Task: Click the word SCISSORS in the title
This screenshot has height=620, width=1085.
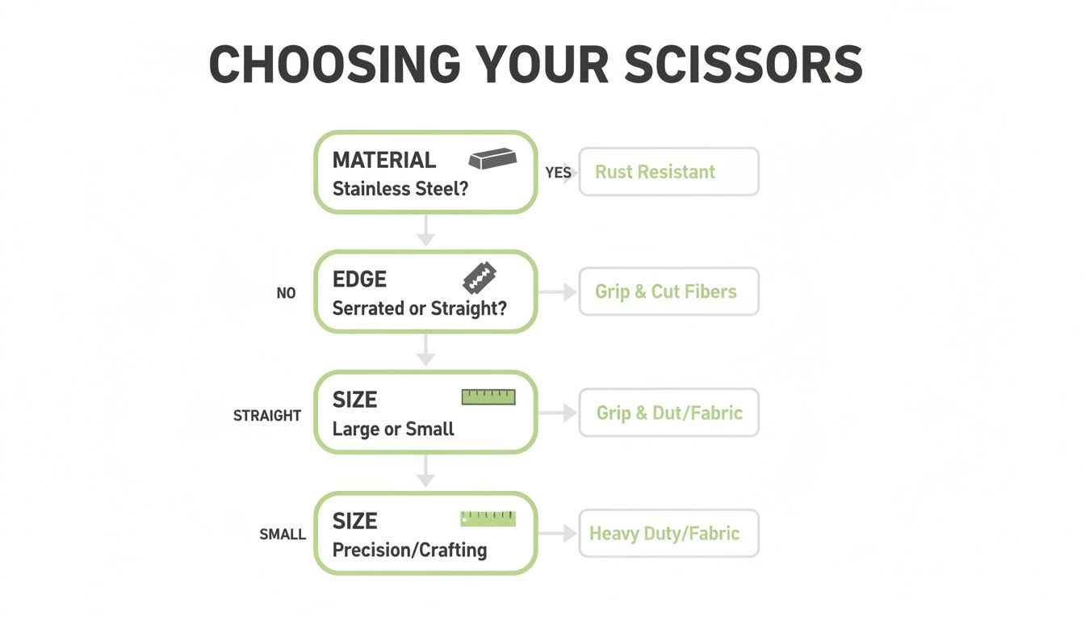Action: (x=744, y=64)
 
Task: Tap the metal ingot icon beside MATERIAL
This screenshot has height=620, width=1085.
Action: (x=492, y=158)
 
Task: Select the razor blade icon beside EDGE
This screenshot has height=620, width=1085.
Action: (x=480, y=278)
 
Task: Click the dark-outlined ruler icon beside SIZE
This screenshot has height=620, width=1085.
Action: (x=488, y=396)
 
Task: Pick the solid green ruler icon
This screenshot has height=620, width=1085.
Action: (x=488, y=518)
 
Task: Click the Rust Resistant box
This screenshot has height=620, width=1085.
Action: (x=668, y=172)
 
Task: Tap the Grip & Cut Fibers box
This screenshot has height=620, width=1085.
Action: (x=668, y=291)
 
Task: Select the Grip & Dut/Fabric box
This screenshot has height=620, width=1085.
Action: (x=668, y=413)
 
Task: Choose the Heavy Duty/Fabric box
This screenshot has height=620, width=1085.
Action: (x=668, y=533)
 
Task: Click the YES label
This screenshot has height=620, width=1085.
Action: (x=558, y=173)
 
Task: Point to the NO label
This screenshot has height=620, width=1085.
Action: (x=286, y=293)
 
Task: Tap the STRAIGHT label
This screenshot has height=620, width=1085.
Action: (x=267, y=416)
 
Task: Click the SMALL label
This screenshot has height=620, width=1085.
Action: (x=283, y=534)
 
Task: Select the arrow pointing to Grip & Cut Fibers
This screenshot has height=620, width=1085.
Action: (x=558, y=291)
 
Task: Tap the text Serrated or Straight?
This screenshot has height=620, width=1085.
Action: (x=420, y=308)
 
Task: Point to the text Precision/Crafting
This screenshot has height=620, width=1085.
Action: (x=409, y=550)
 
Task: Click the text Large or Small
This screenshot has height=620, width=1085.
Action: (x=393, y=429)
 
